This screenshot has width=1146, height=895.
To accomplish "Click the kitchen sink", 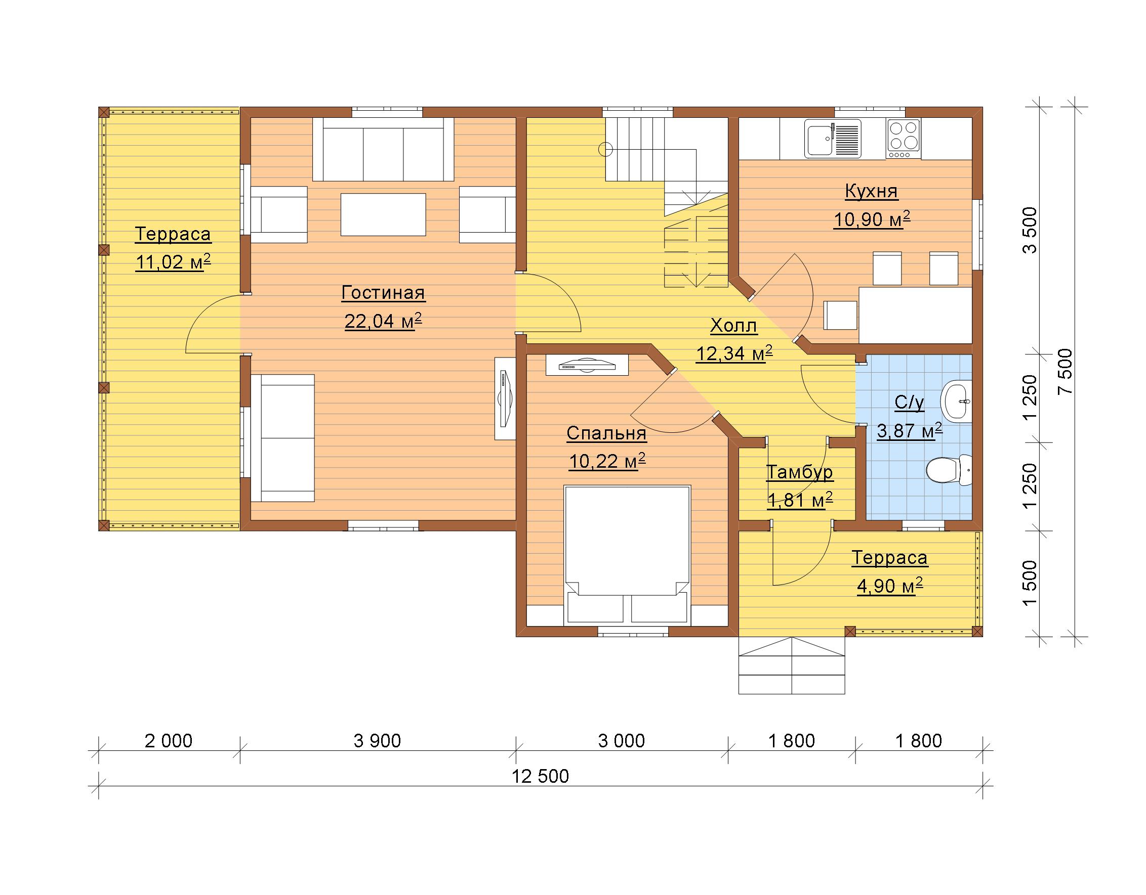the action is pyautogui.click(x=833, y=139).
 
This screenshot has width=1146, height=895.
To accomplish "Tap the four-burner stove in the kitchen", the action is pyautogui.click(x=903, y=139).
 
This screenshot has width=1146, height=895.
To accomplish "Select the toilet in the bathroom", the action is pyautogui.click(x=949, y=470).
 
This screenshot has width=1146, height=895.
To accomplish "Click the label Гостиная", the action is pyautogui.click(x=383, y=293).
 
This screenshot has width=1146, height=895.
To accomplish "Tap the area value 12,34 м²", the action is pyautogui.click(x=734, y=353).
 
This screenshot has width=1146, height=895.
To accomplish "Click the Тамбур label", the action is pyautogui.click(x=800, y=472).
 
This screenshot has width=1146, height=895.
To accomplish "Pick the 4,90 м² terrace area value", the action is pyautogui.click(x=890, y=586).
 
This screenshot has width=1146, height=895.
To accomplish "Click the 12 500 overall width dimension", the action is pyautogui.click(x=541, y=776).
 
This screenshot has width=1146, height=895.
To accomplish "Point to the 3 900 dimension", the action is pyautogui.click(x=377, y=740).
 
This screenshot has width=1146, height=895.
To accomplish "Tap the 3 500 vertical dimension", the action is pyautogui.click(x=1031, y=231).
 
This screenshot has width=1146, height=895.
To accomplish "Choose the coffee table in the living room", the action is pyautogui.click(x=383, y=214).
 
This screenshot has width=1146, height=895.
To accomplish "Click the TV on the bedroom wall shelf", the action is pyautogui.click(x=587, y=365).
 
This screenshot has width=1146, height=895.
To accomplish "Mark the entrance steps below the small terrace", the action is pyautogui.click(x=792, y=665).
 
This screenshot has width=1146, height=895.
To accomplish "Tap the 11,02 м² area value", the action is pyautogui.click(x=173, y=261).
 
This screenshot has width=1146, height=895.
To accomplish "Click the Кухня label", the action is pyautogui.click(x=872, y=191).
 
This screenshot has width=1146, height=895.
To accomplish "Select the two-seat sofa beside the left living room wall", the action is pyautogui.click(x=282, y=438).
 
